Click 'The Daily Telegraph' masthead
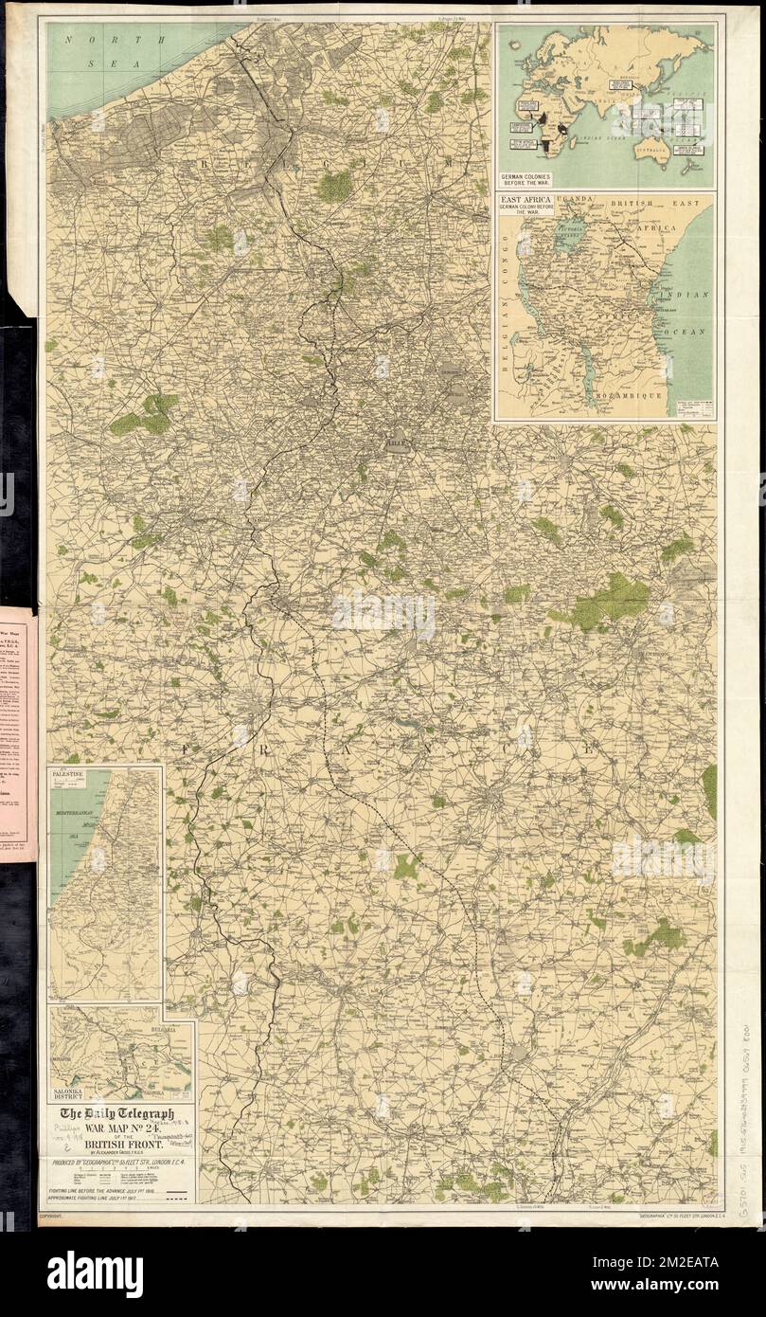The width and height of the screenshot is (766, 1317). [x=117, y=1115]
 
